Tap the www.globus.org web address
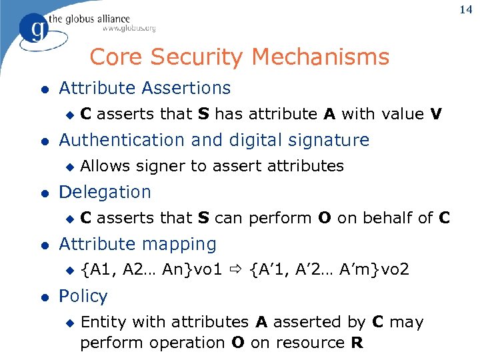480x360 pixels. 129,29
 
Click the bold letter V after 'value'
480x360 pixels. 436,114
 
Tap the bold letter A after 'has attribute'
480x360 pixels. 329,114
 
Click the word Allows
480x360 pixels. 105,166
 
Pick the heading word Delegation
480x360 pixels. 105,192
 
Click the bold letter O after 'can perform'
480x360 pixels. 325,218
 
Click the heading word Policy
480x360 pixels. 83,296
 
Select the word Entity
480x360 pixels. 104,322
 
